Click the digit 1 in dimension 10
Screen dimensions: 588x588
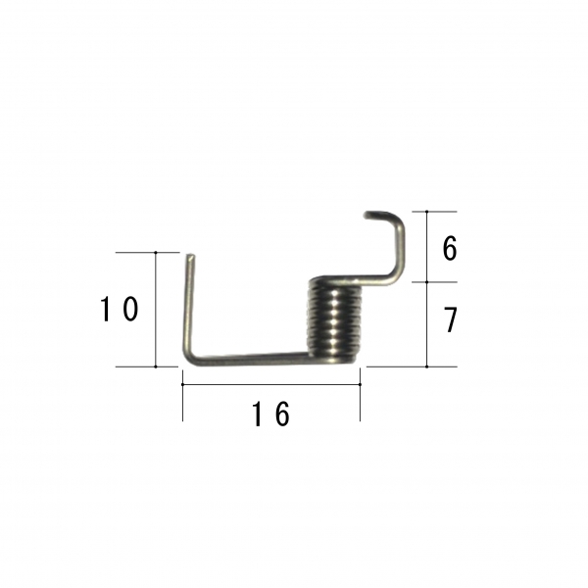coord(106,309)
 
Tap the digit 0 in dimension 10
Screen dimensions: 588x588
coord(131,309)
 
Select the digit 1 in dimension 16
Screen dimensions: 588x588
coord(257,414)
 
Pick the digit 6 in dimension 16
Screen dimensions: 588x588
coord(282,414)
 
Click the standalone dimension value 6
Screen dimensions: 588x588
coord(450,248)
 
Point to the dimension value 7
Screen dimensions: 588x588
coord(451,319)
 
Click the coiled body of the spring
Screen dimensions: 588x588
coord(335,320)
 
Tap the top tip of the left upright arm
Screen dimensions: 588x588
coord(190,257)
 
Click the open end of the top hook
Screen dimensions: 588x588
coord(366,215)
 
